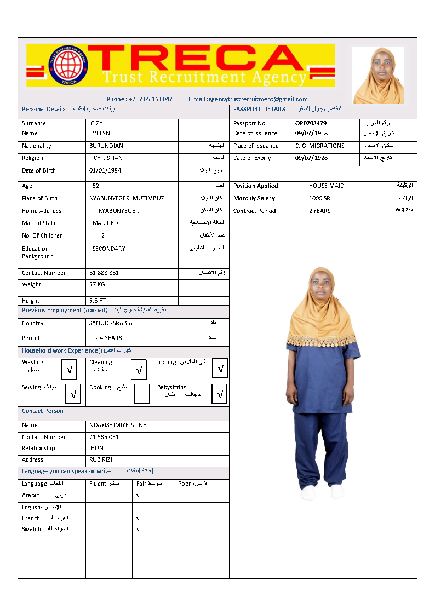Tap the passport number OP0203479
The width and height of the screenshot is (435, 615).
311,123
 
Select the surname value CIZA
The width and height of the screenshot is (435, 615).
97,124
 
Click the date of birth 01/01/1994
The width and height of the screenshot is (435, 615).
105,170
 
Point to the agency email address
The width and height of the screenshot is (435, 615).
248,99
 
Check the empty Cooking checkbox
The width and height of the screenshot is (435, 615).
142,394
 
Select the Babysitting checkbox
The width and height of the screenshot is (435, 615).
220,394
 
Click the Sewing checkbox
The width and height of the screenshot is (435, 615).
73,394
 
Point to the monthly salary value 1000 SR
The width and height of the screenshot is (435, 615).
319,198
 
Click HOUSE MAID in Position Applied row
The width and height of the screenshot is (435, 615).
327,186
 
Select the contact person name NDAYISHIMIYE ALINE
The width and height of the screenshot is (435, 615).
118,425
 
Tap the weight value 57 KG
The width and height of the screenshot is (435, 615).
97,284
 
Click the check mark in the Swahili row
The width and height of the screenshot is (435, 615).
138,529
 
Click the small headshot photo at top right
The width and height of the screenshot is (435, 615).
377,75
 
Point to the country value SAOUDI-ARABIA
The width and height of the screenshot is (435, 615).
111,323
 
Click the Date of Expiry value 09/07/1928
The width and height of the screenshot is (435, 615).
311,158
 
